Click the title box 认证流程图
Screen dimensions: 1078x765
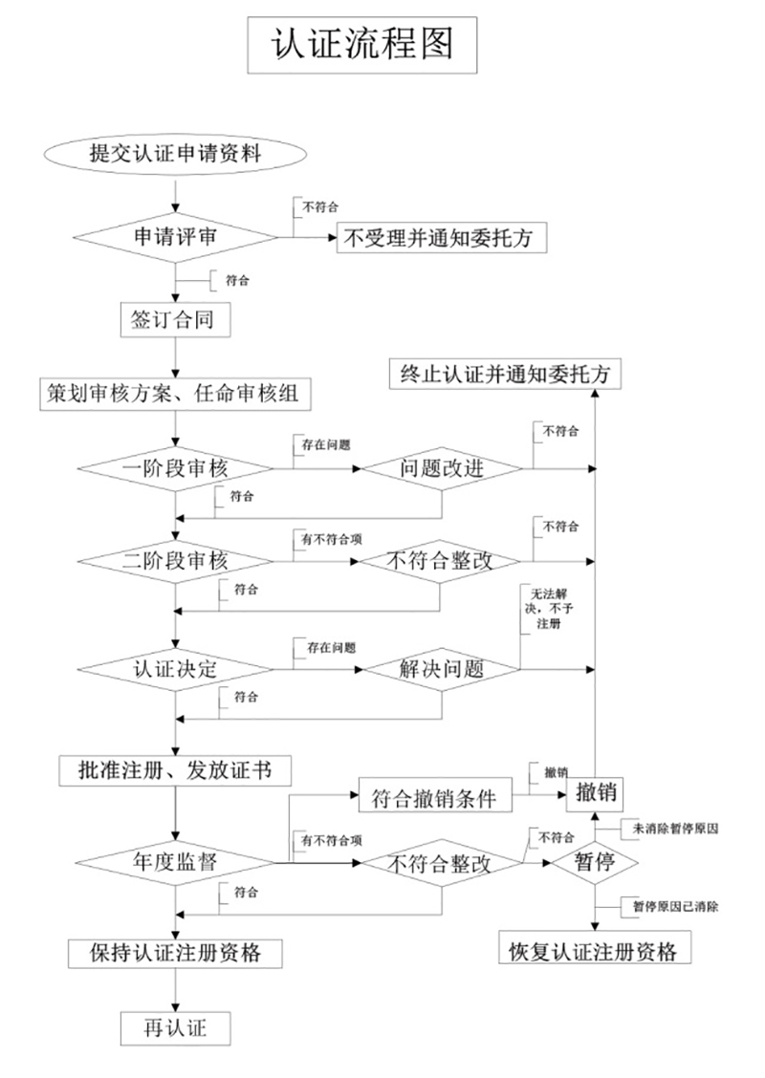(361, 45)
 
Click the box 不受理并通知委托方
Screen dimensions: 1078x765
(443, 239)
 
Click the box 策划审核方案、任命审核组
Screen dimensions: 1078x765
(176, 392)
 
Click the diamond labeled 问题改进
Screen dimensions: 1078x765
(441, 469)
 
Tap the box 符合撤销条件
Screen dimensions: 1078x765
(435, 797)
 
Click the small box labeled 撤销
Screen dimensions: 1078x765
(597, 792)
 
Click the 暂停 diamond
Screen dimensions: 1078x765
(594, 862)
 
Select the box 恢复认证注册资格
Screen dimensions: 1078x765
(594, 952)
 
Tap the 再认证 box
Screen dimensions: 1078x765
(175, 1027)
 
